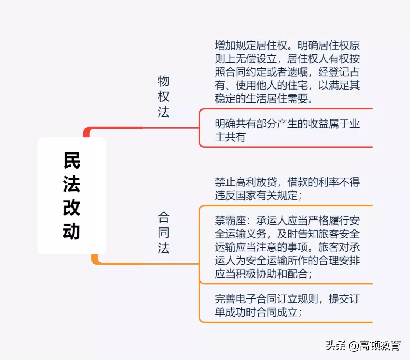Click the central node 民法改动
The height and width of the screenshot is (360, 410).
pos(72,196)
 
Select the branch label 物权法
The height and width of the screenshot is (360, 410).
pos(164,96)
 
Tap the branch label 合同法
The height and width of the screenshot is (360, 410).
pos(164,233)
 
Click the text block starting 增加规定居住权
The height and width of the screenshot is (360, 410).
pos(287,72)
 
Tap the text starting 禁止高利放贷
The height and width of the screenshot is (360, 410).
pos(287,188)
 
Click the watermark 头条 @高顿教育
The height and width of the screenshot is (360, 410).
pos(363,346)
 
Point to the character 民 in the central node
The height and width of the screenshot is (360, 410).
pos(72,161)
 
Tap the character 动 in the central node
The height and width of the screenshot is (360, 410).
pos(72,231)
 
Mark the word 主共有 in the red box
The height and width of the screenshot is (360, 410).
pos(230,137)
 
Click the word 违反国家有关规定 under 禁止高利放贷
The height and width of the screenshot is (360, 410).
pos(257,195)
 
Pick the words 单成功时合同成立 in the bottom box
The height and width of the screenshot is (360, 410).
pos(257,313)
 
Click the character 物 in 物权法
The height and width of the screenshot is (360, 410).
pos(164,81)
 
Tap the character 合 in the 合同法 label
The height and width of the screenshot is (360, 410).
pos(164,217)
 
